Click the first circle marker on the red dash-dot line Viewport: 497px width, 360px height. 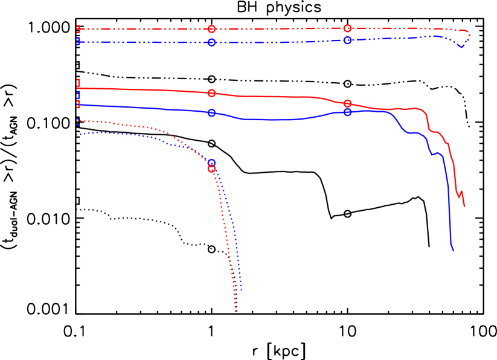click(211, 29)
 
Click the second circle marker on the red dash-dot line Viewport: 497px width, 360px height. click(347, 28)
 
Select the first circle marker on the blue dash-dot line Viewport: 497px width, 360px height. click(211, 42)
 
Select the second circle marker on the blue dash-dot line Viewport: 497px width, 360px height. click(347, 40)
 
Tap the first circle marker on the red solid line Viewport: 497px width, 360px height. click(211, 93)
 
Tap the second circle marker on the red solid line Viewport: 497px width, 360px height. click(347, 104)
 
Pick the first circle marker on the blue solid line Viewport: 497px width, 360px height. click(211, 113)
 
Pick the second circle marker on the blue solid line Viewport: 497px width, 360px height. click(347, 112)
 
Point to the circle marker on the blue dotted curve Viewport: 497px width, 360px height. click(211, 163)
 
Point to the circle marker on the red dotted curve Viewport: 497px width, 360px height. click(211, 169)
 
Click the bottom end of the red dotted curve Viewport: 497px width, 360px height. click(236, 312)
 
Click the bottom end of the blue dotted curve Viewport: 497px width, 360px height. click(242, 291)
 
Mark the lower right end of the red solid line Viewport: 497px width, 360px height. click(464, 207)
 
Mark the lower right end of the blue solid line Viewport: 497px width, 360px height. click(453, 251)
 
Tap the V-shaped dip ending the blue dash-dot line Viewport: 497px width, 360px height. click(461, 47)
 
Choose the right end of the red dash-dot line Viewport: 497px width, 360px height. click(469, 34)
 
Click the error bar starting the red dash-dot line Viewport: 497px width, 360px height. click(79, 29)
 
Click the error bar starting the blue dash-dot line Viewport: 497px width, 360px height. click(79, 42)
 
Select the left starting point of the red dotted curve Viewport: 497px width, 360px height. click(77, 121)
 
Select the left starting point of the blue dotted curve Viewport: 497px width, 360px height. click(77, 135)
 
